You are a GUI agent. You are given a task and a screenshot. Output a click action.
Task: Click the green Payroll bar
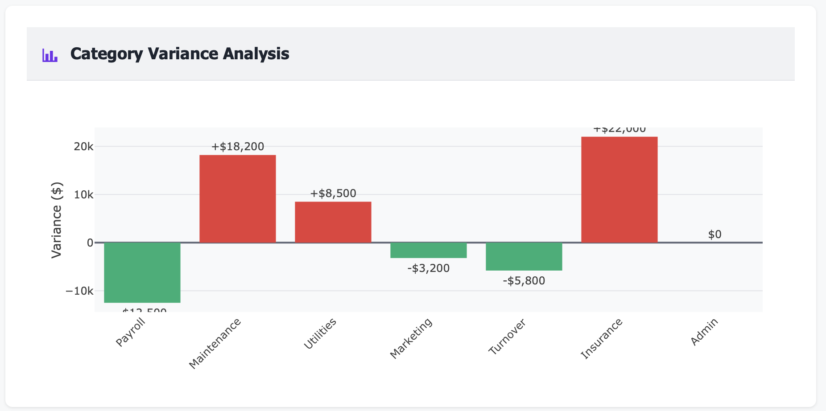(142, 272)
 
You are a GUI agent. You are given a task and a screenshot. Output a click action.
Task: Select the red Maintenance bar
(237, 199)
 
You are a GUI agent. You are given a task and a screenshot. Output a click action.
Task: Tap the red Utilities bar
(333, 222)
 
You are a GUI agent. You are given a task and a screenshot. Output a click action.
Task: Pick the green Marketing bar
(428, 250)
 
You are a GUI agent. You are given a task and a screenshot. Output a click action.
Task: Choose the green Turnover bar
(524, 256)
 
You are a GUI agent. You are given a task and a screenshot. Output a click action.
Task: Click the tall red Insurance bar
(619, 189)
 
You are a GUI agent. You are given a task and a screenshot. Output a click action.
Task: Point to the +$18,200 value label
(237, 147)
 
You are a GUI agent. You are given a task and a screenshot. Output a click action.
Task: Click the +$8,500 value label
(333, 193)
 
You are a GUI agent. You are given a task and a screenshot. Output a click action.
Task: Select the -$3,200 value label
(428, 268)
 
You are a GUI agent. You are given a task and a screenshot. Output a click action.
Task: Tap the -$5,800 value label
(524, 281)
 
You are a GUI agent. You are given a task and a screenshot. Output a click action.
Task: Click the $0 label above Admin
(714, 234)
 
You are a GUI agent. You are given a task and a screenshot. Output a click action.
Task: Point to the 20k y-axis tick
(83, 147)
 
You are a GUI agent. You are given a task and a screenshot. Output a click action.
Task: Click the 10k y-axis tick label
(83, 195)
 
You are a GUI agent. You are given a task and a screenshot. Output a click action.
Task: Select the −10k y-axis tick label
(79, 291)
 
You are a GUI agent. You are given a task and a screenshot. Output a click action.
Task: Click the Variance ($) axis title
(57, 220)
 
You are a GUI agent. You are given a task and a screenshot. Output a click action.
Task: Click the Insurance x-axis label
(601, 339)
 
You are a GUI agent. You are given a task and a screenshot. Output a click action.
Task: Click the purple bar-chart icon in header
(50, 55)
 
